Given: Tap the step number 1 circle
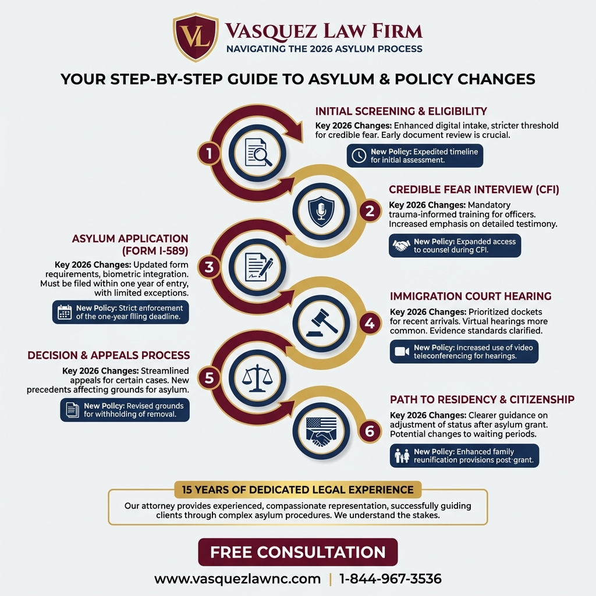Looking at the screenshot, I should [x=208, y=153].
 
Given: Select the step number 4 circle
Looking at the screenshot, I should [x=370, y=322].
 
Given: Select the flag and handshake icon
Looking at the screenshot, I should [x=321, y=432].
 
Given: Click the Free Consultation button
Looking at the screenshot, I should [x=297, y=552].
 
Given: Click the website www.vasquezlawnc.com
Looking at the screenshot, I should [x=237, y=579].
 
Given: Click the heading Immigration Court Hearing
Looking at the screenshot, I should [x=470, y=296].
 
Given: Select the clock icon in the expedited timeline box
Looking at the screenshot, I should [x=359, y=155].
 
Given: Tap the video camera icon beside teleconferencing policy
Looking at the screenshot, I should [x=402, y=352].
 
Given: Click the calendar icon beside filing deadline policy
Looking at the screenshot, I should [x=65, y=312].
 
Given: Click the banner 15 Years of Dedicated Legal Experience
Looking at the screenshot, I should [x=297, y=489].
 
